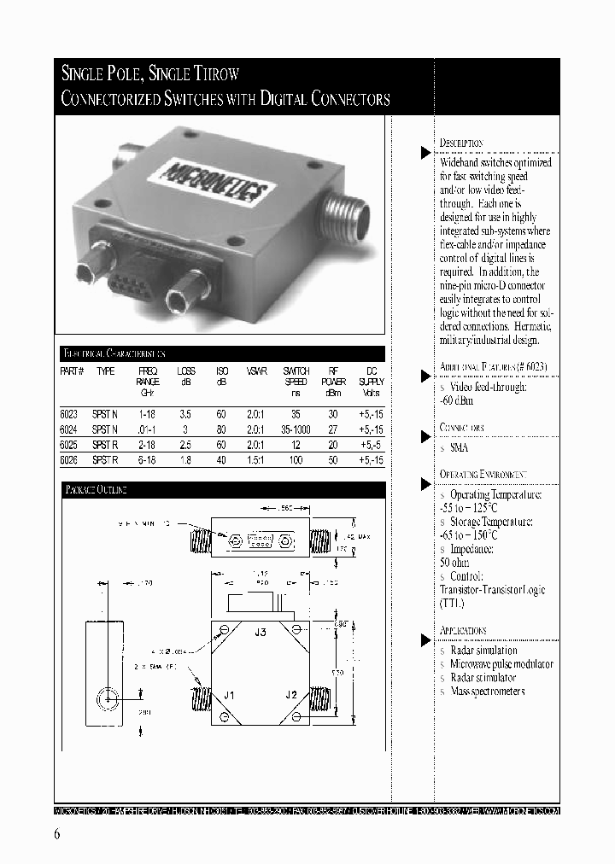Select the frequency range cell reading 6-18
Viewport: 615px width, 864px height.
tap(147, 459)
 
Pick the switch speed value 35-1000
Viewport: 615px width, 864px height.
tap(296, 428)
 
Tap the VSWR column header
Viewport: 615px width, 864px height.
tap(256, 371)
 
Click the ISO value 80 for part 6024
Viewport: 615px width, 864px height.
tap(222, 428)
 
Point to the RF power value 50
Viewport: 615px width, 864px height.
tap(334, 459)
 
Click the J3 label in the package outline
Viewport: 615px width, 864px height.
tap(261, 633)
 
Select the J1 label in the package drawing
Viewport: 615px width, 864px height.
tap(229, 695)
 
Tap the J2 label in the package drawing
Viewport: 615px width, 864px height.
tap(291, 695)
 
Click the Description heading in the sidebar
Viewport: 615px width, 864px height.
tap(461, 143)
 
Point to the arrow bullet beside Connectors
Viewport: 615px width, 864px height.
tap(425, 437)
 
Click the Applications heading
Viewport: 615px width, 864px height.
tap(463, 631)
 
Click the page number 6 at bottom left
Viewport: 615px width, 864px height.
tap(56, 834)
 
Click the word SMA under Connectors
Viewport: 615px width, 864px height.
tap(459, 447)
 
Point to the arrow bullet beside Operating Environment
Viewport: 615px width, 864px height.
tap(425, 484)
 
